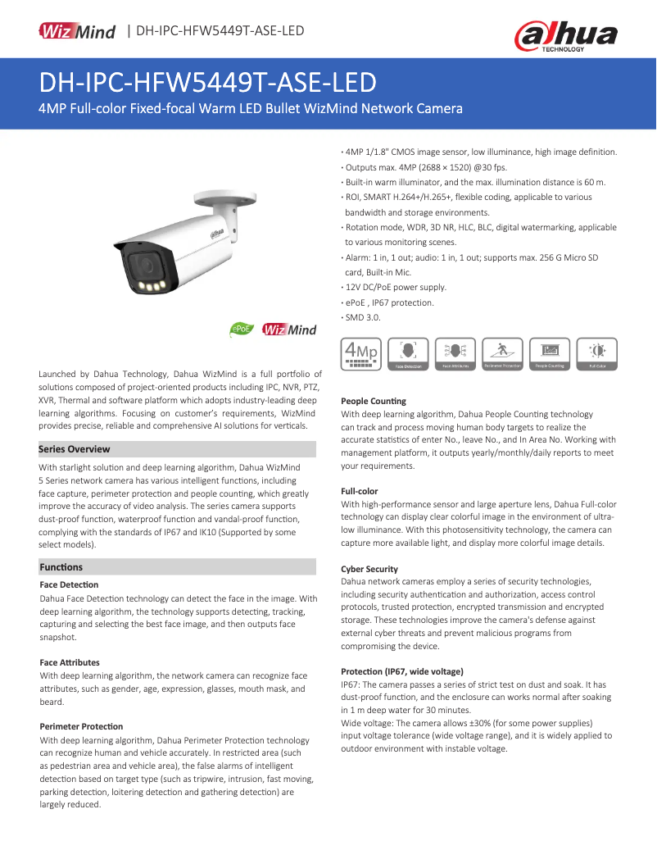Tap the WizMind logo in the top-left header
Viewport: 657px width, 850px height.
tap(78, 31)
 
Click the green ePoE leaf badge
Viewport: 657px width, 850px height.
tap(242, 329)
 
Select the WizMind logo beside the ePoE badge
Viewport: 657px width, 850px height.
tap(289, 330)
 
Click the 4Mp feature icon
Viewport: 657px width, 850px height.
tap(361, 354)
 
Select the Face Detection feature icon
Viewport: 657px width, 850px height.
tap(408, 354)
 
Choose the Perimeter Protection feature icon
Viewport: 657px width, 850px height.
tap(503, 354)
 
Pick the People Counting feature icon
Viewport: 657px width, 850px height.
tap(551, 354)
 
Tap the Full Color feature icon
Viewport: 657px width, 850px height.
tap(597, 354)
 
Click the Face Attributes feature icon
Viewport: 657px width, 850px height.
tap(455, 354)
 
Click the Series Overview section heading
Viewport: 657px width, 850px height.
tap(75, 449)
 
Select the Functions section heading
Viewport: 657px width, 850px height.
tap(61, 567)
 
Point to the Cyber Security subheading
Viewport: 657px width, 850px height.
tap(369, 569)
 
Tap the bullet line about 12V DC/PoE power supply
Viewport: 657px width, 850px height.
tap(396, 288)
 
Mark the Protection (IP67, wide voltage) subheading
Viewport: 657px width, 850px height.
tap(401, 670)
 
